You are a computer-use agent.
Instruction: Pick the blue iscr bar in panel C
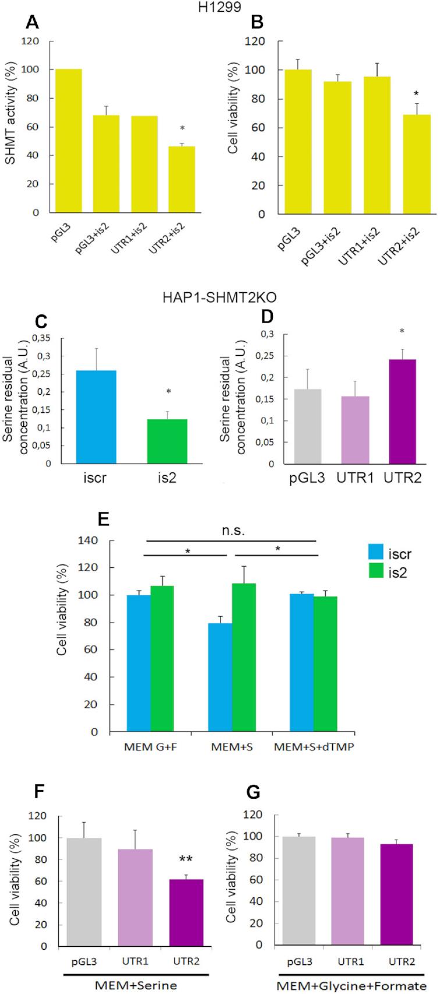100,417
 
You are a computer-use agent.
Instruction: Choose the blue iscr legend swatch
379,551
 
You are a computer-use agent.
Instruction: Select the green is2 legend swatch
379,572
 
